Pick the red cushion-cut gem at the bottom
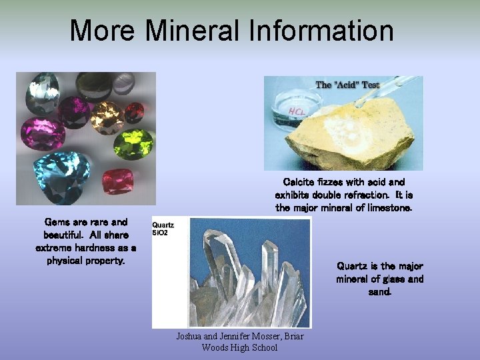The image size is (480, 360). (118, 181)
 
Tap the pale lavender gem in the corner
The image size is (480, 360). (124, 83)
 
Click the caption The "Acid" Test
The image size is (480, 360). (347, 85)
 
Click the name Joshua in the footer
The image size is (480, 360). (191, 336)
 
